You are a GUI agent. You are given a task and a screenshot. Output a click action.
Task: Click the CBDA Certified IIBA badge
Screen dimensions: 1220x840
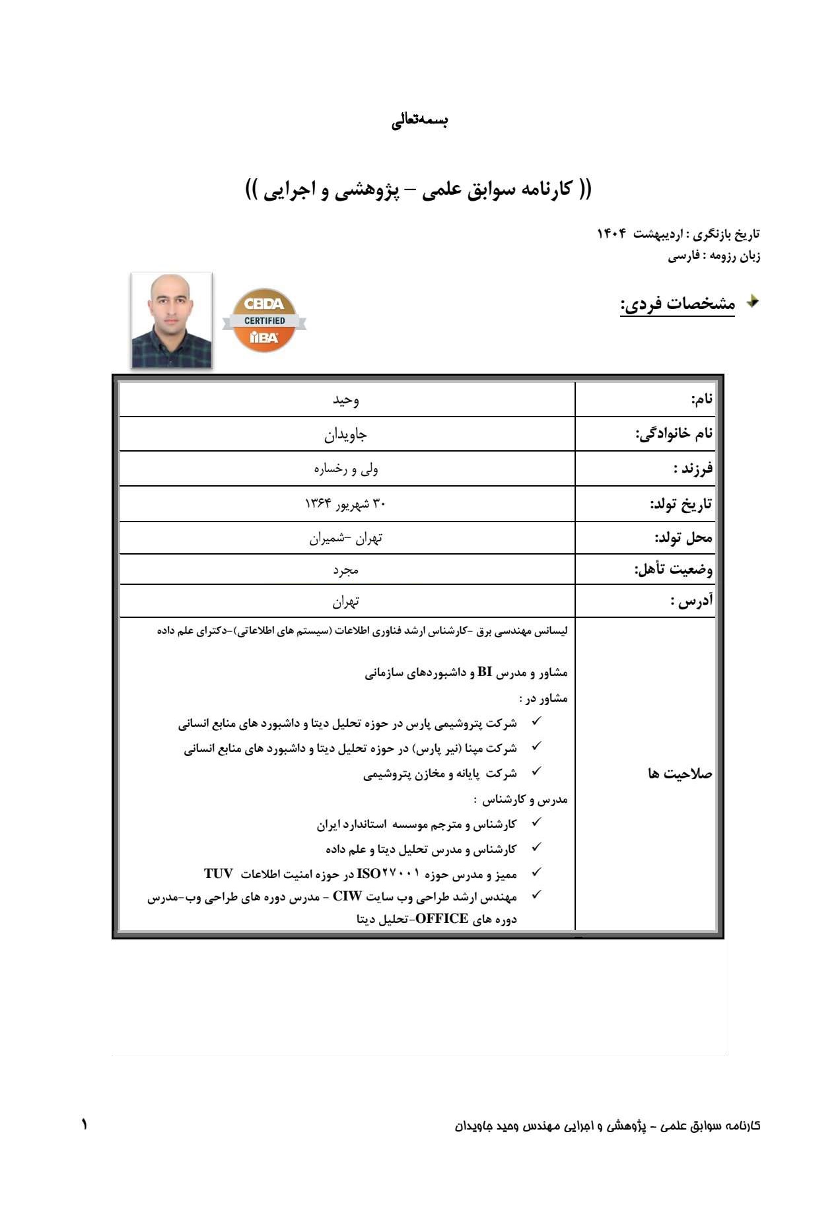click(264, 320)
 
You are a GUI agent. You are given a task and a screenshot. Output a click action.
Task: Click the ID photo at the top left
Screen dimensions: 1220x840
click(172, 320)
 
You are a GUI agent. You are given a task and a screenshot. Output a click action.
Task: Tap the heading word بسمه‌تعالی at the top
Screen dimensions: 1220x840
click(420, 121)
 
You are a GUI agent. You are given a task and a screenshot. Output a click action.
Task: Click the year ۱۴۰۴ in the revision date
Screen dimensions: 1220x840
click(612, 234)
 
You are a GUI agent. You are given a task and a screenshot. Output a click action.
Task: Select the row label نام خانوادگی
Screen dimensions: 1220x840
click(674, 434)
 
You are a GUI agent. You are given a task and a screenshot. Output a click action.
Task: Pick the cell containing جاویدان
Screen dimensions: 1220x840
click(345, 434)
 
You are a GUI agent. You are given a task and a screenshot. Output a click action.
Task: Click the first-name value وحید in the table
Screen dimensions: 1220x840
click(346, 400)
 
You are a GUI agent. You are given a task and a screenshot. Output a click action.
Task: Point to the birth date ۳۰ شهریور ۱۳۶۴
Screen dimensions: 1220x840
click(345, 504)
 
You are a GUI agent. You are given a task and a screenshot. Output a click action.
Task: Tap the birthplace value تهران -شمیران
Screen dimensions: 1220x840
click(345, 539)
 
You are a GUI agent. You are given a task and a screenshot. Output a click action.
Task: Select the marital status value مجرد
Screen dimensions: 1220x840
click(345, 570)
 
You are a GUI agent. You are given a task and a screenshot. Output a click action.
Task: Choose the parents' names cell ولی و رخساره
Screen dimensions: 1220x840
click(345, 469)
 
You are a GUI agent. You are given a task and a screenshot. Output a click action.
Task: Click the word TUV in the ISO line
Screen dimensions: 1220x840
click(219, 874)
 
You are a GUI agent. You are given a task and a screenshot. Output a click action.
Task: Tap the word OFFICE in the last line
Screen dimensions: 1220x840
click(442, 918)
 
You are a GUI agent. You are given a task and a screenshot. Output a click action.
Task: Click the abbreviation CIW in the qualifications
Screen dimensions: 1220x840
click(347, 897)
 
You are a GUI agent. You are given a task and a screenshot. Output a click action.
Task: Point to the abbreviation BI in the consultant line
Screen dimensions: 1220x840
click(485, 673)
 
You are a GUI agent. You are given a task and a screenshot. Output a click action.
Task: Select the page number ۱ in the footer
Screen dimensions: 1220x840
click(85, 1124)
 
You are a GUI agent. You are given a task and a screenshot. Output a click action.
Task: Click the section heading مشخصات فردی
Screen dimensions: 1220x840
click(677, 304)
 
